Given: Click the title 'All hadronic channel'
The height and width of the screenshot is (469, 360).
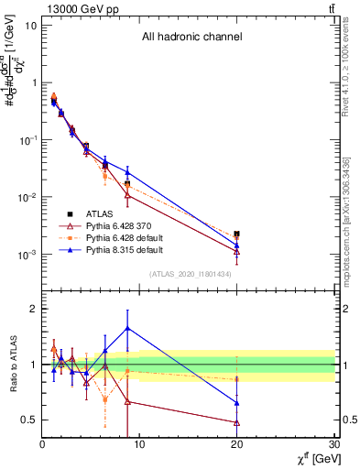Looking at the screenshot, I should pos(191,38).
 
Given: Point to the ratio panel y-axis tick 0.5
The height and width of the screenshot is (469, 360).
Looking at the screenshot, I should pos(28,420).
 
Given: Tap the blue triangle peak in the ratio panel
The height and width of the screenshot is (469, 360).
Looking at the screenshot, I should pos(127,328).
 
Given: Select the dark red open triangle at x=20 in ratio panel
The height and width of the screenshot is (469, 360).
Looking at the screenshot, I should pos(237,422).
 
